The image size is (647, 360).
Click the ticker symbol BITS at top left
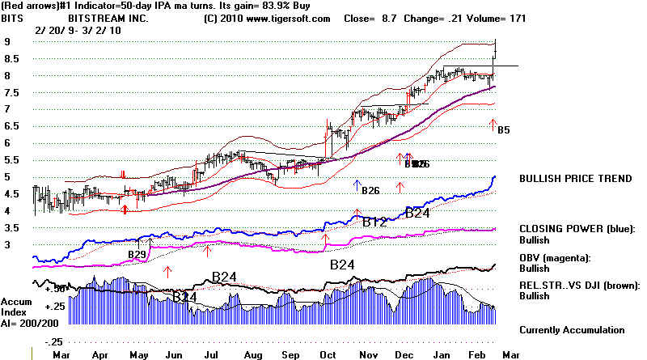pyautogui.click(x=15, y=18)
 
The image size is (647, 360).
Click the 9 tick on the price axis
pyautogui.click(x=6, y=41)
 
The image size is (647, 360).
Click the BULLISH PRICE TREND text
pyautogui.click(x=575, y=179)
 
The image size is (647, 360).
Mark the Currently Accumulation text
pyautogui.click(x=572, y=329)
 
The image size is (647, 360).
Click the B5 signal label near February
pyautogui.click(x=503, y=129)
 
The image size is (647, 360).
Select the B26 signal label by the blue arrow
pyautogui.click(x=370, y=191)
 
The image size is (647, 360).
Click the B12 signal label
pyautogui.click(x=374, y=222)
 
